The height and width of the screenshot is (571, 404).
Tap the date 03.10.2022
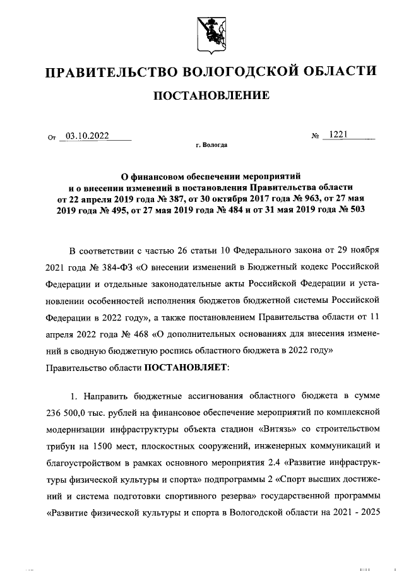point(87,135)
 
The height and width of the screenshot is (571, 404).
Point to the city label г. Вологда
point(211,144)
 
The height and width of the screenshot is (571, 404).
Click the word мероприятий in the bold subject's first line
point(275,176)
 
